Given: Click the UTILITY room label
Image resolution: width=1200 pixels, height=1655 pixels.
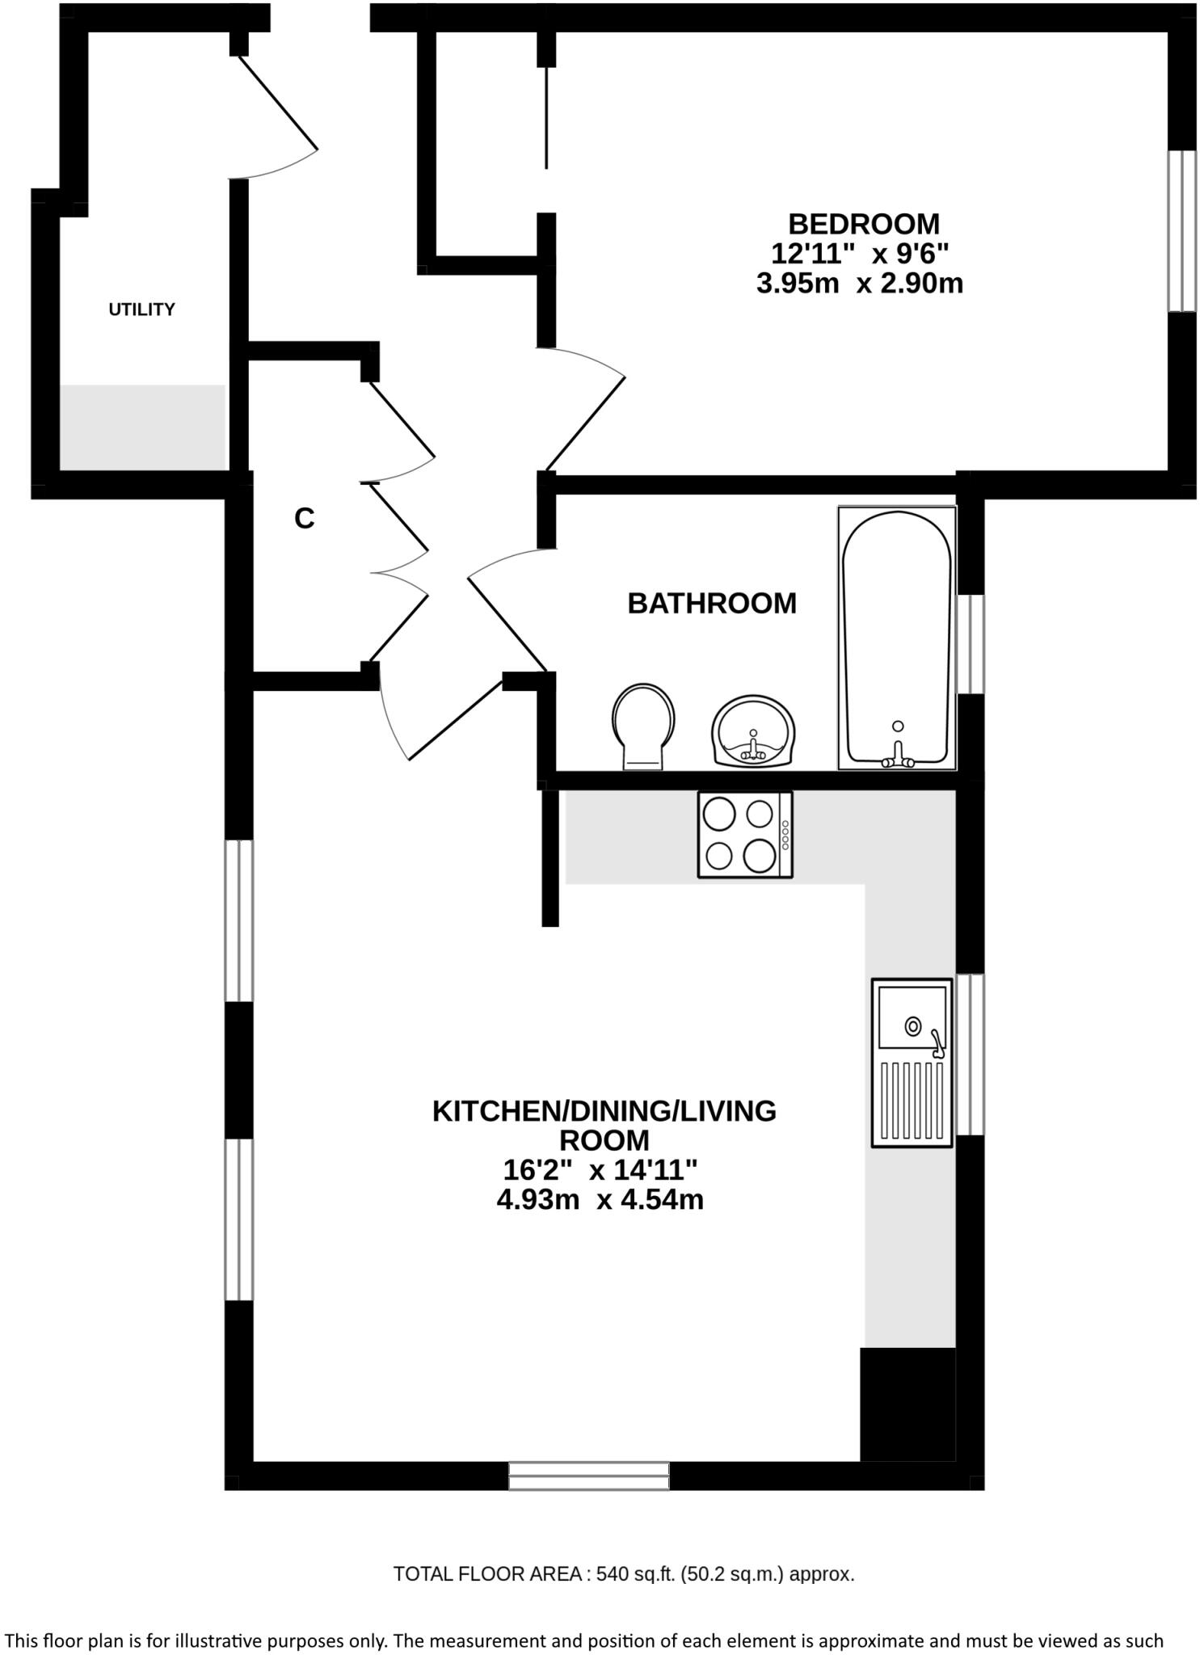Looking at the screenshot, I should point(141,310).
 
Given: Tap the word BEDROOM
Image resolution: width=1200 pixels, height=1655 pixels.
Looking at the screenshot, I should point(863,223).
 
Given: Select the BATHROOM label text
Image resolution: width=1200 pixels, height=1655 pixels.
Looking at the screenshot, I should point(711,604).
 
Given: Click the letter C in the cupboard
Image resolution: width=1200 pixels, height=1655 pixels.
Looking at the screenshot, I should point(304,519).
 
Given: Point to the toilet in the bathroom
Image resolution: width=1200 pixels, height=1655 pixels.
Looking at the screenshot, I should point(643,724).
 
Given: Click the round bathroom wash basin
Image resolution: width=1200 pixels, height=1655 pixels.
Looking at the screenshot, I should point(754,731).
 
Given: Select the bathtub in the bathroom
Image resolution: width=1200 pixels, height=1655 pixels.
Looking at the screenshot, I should point(896,638).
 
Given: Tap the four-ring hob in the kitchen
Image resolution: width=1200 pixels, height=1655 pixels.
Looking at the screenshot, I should point(744,835).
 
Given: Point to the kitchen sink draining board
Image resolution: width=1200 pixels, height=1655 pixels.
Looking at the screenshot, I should point(912,1100).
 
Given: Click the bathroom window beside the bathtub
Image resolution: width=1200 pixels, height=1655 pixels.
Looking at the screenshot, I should point(970,644).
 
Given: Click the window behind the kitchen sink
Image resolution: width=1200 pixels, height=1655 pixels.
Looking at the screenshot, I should point(970,1054).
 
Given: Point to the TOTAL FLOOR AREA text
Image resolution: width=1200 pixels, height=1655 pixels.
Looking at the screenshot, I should point(623,1574).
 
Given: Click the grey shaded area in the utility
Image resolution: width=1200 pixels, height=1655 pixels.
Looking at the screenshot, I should point(142,427).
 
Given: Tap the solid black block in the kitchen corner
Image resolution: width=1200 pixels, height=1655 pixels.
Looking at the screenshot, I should point(907,1404).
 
